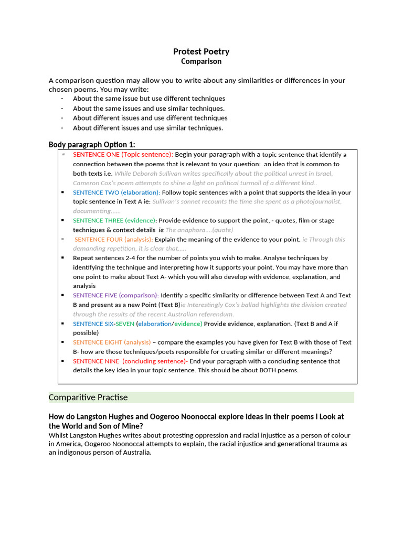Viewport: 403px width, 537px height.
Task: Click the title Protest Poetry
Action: coord(201,51)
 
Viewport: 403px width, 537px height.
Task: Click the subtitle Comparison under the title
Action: coord(201,61)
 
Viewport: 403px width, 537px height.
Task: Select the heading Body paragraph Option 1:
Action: coord(91,144)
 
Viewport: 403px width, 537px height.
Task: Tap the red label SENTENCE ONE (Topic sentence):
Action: coord(123,155)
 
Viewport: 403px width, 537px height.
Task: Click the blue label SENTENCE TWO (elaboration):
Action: coord(116,192)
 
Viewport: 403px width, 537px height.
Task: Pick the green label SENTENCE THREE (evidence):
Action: coord(114,221)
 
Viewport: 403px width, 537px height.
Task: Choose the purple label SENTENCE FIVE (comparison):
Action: coord(115,296)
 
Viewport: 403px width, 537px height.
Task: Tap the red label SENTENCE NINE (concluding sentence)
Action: coord(130,361)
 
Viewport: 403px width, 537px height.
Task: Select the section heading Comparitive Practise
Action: coord(88,398)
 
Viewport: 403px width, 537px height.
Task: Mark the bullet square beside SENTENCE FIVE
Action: coord(62,296)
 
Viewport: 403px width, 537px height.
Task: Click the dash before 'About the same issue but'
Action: coord(62,99)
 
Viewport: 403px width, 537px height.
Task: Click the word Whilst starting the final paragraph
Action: coord(59,435)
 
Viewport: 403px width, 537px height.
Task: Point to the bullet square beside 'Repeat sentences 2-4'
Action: coord(62,258)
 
